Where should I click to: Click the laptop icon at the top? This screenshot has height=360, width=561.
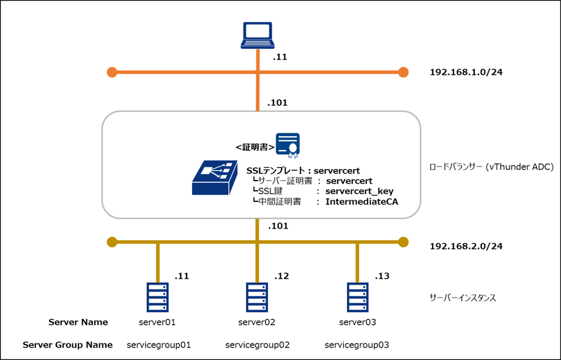[258, 36]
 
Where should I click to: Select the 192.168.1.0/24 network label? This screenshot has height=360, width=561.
[467, 72]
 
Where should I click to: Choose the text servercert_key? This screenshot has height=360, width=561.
[359, 191]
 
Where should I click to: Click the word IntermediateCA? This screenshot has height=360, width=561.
[362, 201]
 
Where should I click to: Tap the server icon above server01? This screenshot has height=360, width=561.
[158, 297]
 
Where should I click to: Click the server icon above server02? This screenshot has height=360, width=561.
[258, 297]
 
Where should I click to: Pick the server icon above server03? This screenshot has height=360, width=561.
[357, 297]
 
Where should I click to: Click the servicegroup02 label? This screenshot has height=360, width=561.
[258, 345]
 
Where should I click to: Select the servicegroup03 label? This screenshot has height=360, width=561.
[357, 345]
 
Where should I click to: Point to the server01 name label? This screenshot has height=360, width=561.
[158, 322]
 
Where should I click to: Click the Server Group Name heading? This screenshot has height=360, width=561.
[67, 345]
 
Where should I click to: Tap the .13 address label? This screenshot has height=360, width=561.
[382, 276]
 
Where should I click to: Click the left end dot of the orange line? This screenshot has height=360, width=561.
[112, 72]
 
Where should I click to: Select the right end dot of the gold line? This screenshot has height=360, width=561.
[403, 242]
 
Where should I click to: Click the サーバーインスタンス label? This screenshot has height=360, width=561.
[463, 298]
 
